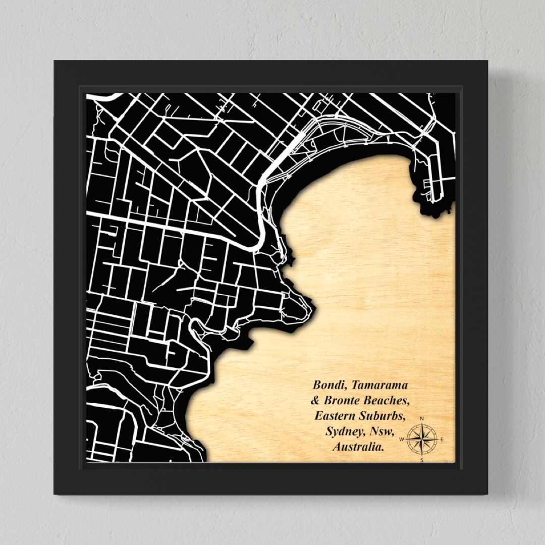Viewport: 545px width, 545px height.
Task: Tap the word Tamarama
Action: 379,385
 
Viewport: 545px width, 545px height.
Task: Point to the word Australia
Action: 357,447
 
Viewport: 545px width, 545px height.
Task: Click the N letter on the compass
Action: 422,418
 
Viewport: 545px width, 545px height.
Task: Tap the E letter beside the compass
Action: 442,440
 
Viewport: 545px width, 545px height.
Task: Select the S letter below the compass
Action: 422,460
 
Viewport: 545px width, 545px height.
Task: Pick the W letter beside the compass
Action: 402,440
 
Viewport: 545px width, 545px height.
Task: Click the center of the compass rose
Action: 422,439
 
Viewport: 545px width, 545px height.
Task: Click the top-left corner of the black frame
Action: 54,61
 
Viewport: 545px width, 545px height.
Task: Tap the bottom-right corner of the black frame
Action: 488,494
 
